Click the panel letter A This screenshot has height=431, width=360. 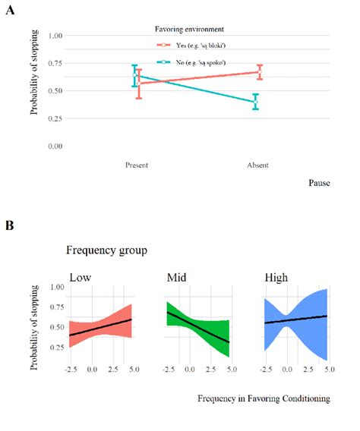(x=10, y=12)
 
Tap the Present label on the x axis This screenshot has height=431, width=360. (x=136, y=165)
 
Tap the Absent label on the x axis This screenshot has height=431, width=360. (x=257, y=165)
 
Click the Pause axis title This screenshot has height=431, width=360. (x=320, y=183)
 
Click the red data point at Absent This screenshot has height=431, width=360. (x=259, y=72)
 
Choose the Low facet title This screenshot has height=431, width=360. (x=80, y=276)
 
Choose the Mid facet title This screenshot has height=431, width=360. (x=177, y=276)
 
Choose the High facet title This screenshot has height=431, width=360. (x=276, y=276)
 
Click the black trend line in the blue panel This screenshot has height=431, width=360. (x=295, y=319)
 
